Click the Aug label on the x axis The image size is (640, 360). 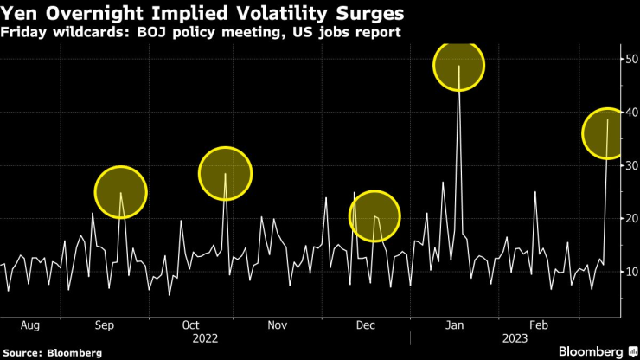pos(29,325)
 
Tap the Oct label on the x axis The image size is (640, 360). pos(191,325)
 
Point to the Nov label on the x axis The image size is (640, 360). pos(277,325)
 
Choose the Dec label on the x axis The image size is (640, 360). pos(365,325)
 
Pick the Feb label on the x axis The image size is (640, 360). pos(539,325)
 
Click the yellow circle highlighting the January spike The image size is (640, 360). pos(458,65)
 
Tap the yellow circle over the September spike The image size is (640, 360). pos(120,192)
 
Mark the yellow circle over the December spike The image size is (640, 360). pos(374,215)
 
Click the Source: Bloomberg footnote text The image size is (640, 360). pos(53,353)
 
